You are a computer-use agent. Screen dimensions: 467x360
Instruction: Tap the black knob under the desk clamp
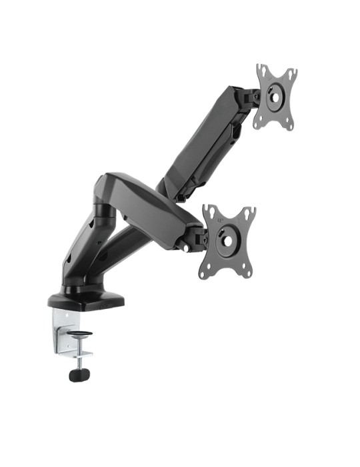(78, 375)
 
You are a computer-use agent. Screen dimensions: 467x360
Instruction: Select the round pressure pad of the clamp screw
(81, 334)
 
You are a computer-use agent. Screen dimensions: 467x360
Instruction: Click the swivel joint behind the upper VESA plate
(251, 98)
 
